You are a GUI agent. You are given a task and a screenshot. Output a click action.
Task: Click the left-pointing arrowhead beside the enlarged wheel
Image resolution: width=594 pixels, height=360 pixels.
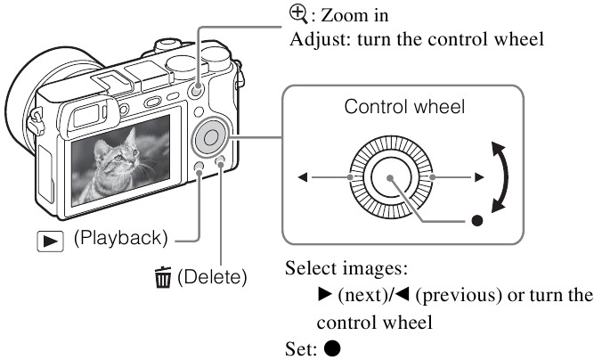(304, 178)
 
